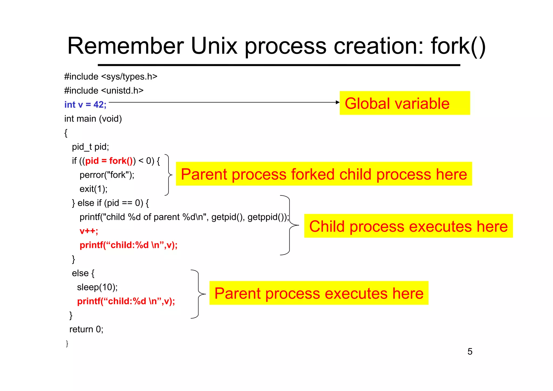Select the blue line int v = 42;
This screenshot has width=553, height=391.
(85, 105)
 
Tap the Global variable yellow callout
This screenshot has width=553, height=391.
(404, 103)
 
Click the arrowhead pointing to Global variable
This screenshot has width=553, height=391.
(338, 102)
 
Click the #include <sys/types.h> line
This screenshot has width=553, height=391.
(111, 77)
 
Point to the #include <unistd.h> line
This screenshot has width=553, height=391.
(104, 90)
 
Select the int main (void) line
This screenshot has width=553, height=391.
(93, 119)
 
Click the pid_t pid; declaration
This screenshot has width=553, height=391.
(90, 147)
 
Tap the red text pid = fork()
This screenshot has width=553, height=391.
(109, 161)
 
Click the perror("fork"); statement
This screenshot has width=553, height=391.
(107, 175)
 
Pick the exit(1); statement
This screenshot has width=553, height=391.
(93, 189)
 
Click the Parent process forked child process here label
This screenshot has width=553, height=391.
(324, 174)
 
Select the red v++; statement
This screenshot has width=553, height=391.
(89, 231)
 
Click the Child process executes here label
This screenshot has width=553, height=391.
(408, 226)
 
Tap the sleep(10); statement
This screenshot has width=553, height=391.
(97, 287)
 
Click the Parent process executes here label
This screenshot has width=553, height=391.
(319, 293)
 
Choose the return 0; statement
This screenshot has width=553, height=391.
(86, 329)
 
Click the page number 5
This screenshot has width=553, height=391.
(470, 352)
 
